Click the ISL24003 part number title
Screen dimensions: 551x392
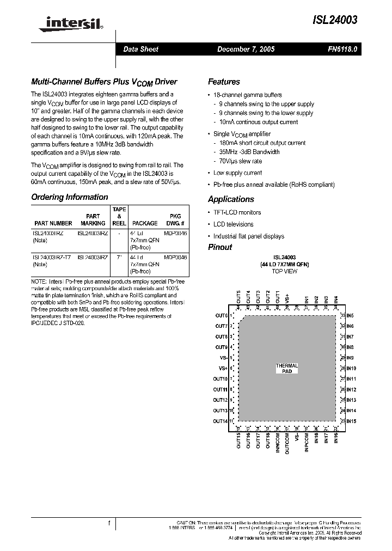pyautogui.click(x=335, y=20)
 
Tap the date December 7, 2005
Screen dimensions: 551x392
pyautogui.click(x=246, y=49)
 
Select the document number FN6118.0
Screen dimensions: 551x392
pyautogui.click(x=342, y=49)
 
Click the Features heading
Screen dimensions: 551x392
pyautogui.click(x=224, y=82)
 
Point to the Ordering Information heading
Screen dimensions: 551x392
pyautogui.click(x=70, y=197)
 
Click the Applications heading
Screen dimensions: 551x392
pyautogui.click(x=231, y=199)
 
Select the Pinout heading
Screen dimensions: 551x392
pyautogui.click(x=220, y=247)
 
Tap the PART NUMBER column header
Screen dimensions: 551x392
pyautogui.click(x=53, y=223)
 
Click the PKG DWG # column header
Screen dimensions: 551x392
pyautogui.click(x=175, y=219)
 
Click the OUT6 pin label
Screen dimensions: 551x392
pyautogui.click(x=220, y=316)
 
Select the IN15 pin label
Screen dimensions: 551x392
pyautogui.click(x=351, y=421)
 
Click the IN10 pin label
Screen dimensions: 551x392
pyautogui.click(x=351, y=369)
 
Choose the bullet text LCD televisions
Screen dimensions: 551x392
pyautogui.click(x=232, y=224)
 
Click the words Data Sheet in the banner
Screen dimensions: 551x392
pyautogui.click(x=140, y=49)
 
